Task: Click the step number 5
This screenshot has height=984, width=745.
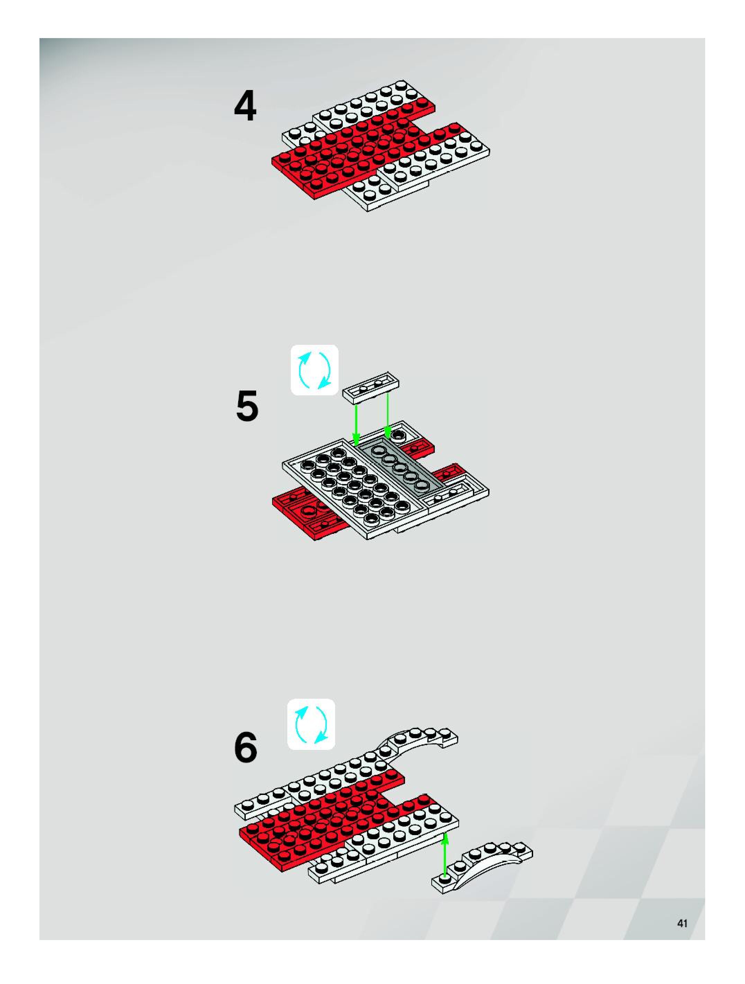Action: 247,406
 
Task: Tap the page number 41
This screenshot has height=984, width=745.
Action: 682,923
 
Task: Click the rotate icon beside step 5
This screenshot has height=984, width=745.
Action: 314,370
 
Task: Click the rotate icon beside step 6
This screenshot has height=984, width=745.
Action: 311,725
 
